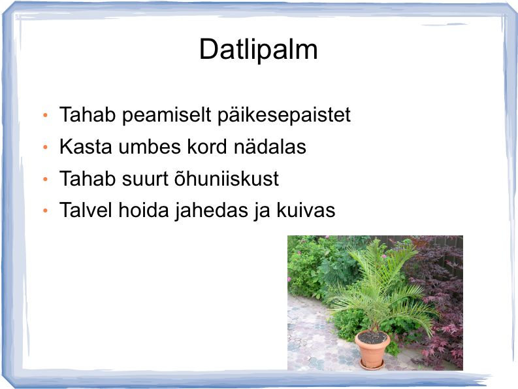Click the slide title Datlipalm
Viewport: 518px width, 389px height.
pos(258,50)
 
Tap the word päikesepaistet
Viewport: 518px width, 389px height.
pos(284,116)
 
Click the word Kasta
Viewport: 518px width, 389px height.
pos(86,146)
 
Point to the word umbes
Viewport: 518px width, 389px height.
pos(150,146)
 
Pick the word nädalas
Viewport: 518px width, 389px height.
pos(270,146)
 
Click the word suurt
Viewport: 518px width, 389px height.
pos(145,178)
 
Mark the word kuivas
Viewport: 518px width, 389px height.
pos(306,210)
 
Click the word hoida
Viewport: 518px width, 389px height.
pos(144,210)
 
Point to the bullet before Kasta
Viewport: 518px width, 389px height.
pos(46,147)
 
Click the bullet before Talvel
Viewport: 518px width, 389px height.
pos(46,211)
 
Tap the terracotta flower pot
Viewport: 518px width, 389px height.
pos(372,347)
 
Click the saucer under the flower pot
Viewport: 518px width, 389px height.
pos(372,365)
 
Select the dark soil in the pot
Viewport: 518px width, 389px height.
pos(372,337)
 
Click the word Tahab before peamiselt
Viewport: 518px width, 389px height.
pos(88,115)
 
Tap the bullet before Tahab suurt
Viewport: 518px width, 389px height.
pos(46,179)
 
